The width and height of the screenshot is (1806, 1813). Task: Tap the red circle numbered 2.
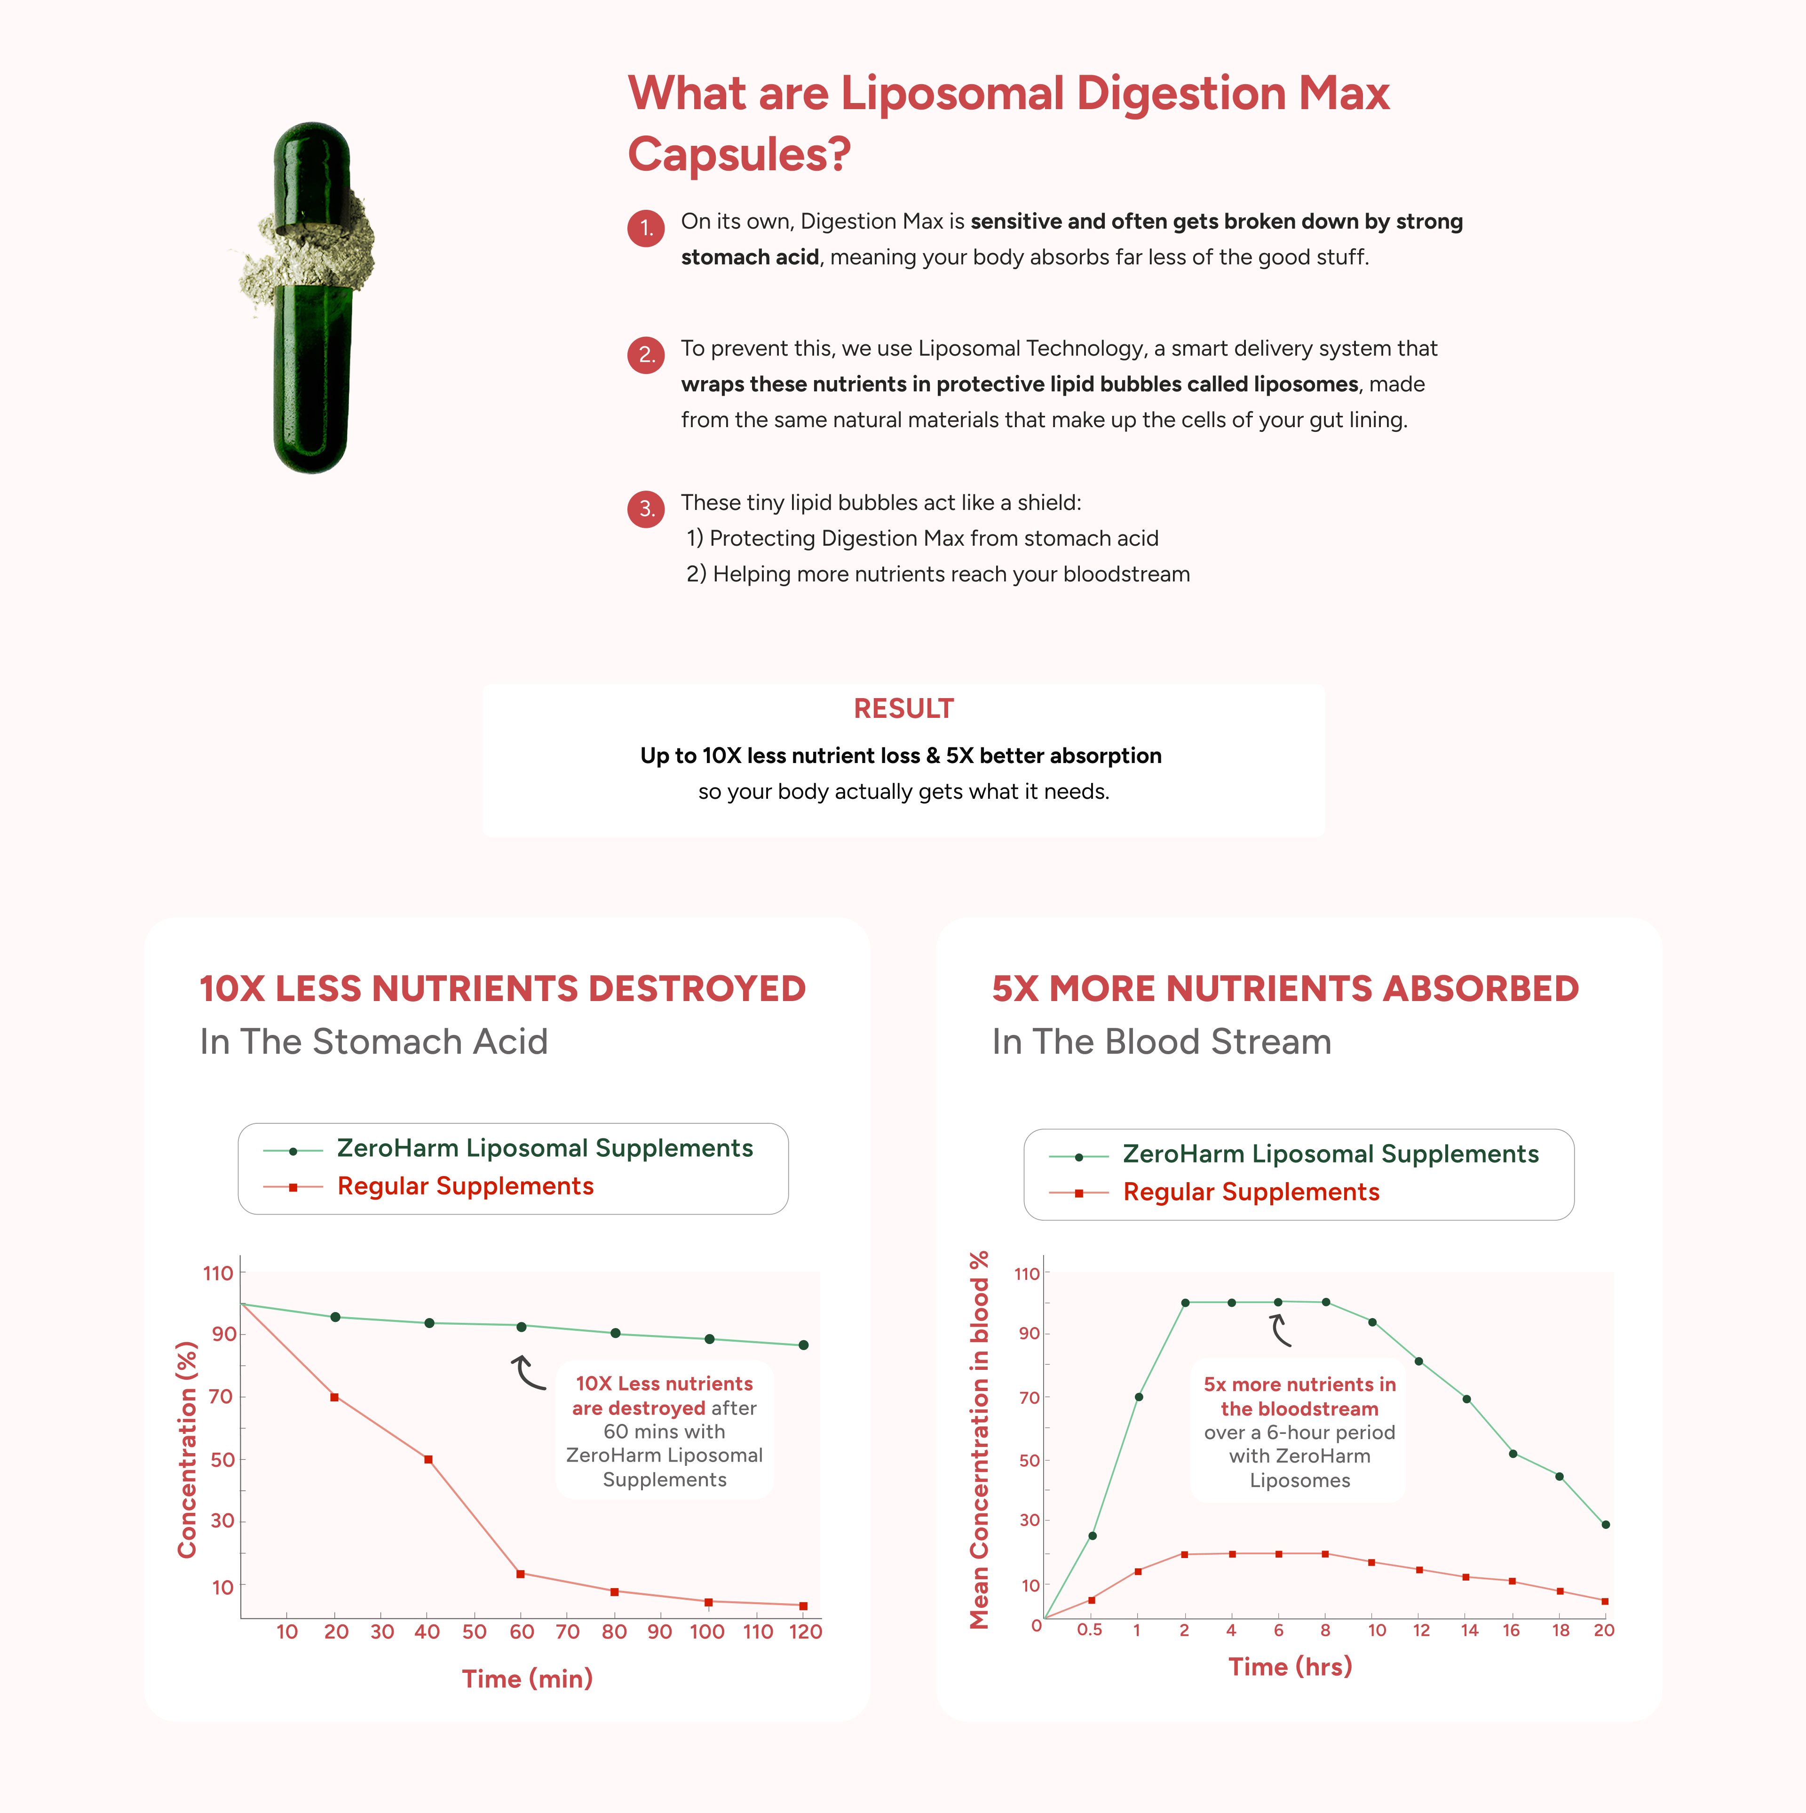pos(645,355)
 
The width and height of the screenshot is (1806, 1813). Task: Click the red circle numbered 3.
pos(645,509)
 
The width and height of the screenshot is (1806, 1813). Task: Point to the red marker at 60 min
pos(521,1574)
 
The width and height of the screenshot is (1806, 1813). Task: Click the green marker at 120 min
pos(803,1345)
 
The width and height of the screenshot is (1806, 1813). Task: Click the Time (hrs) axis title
pos(1290,1667)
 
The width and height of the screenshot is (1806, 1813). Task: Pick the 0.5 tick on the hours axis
pos(1089,1630)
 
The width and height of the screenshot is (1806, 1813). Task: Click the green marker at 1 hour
pos(1138,1396)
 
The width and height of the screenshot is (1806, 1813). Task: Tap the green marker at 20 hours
pos(1605,1524)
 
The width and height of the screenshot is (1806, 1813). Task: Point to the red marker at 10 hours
pos(1371,1562)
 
